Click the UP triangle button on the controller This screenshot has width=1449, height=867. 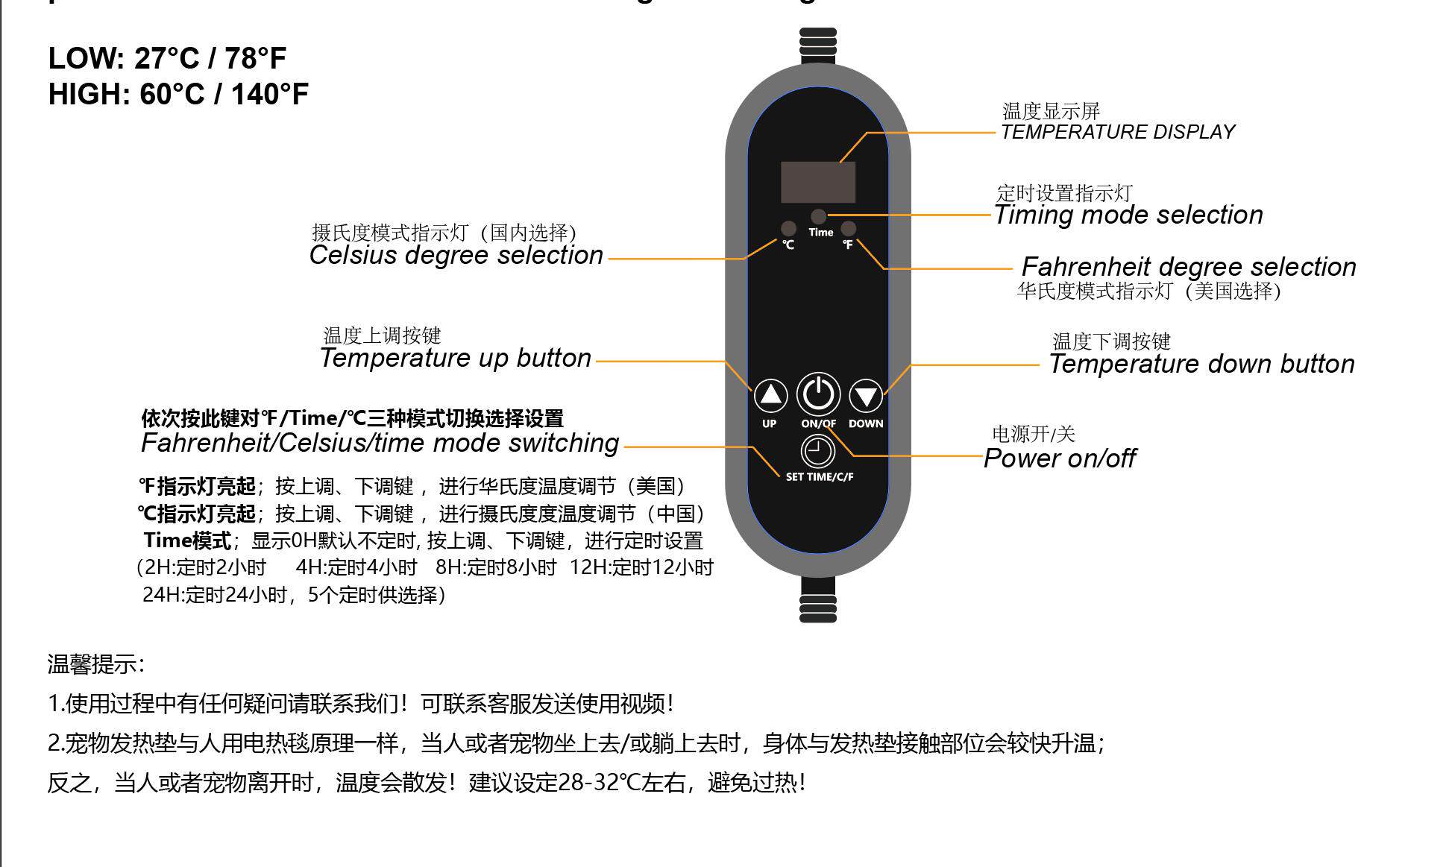[770, 395]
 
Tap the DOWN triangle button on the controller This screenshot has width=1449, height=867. [866, 395]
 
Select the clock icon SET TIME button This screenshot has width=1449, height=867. [818, 451]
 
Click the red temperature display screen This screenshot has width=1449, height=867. [818, 182]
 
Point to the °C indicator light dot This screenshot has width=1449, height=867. [788, 228]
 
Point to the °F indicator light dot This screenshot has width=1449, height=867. [849, 228]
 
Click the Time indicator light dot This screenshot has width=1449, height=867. [819, 216]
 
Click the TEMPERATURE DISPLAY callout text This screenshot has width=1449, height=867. [1117, 132]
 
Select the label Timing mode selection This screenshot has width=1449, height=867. [1129, 215]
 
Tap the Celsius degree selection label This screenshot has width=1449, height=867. [456, 255]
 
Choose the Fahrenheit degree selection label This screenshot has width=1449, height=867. [1189, 267]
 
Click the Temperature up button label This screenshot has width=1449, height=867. [456, 358]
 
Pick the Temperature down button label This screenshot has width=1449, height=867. [1201, 364]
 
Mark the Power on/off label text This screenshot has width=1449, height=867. [1060, 458]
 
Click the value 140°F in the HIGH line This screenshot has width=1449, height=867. [269, 95]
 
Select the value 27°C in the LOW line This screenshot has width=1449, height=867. [167, 58]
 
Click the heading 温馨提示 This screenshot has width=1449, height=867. [95, 663]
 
